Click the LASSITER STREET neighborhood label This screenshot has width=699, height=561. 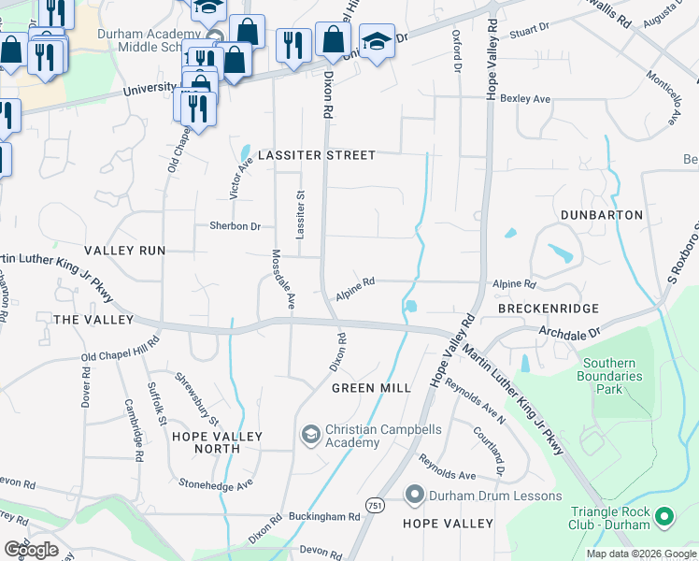pos(317,155)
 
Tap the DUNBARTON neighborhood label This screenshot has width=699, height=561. pos(602,215)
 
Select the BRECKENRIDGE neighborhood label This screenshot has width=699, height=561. pos(547,309)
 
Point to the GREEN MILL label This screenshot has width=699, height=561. pos(371,388)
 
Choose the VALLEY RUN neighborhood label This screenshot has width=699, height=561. pos(124,251)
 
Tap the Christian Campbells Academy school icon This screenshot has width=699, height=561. pos(310,435)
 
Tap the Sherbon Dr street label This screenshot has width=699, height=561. pos(235,226)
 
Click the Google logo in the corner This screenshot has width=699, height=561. pos(31,550)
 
